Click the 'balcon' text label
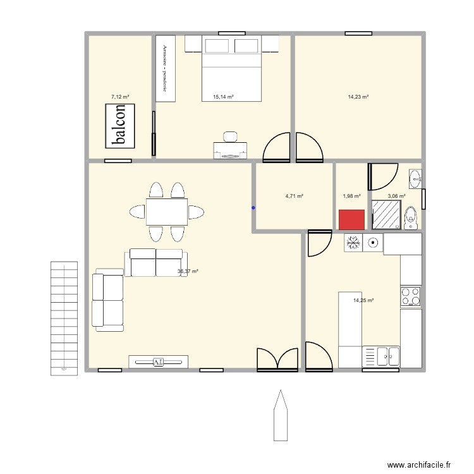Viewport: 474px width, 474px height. (x=121, y=125)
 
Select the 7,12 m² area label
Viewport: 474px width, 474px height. (x=120, y=97)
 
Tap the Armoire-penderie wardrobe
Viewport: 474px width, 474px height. (x=165, y=68)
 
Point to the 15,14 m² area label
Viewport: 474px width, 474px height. (x=223, y=97)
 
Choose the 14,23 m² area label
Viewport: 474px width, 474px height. (x=358, y=97)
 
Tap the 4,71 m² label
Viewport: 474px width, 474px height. (x=294, y=196)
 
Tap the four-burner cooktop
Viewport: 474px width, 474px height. (x=411, y=296)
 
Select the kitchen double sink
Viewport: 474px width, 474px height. (x=382, y=357)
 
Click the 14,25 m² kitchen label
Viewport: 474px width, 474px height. (x=363, y=300)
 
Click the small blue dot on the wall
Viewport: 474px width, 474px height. (x=253, y=207)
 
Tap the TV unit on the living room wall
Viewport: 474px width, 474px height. (x=158, y=362)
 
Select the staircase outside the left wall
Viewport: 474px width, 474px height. (x=63, y=317)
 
